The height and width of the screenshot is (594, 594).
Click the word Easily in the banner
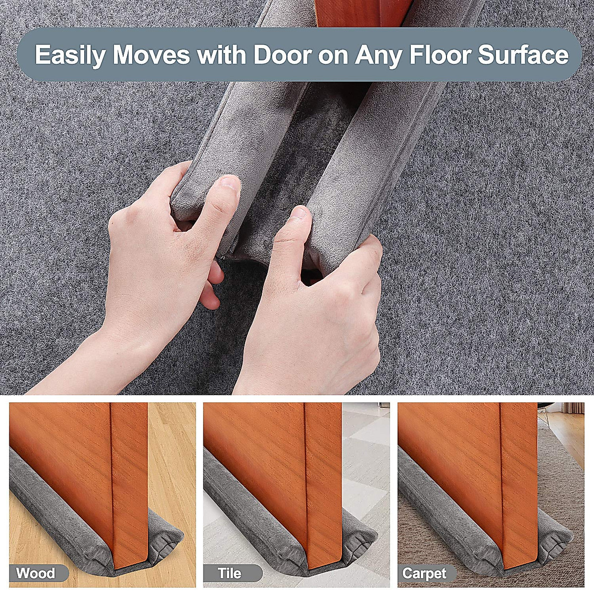[69, 55]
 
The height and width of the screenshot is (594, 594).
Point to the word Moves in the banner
[151, 55]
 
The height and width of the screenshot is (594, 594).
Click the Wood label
[36, 574]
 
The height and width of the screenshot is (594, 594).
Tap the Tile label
[230, 574]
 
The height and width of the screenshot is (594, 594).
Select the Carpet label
[424, 574]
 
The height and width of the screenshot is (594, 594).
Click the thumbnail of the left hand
[229, 184]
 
